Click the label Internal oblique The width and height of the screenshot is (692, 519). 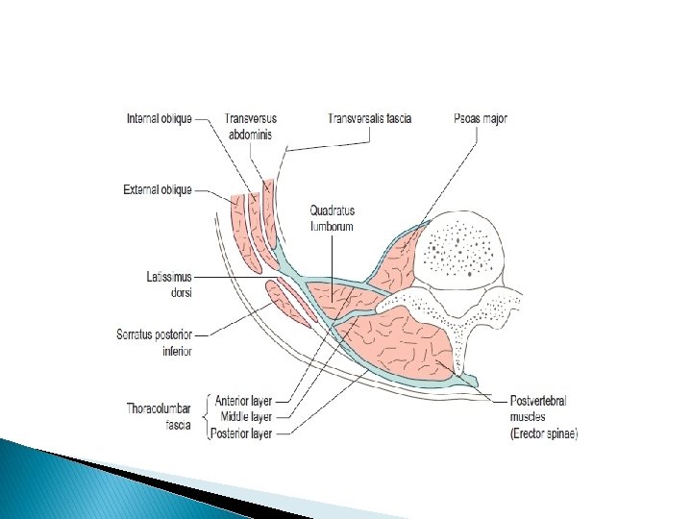pos(160,119)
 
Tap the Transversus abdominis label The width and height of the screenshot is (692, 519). pos(248,127)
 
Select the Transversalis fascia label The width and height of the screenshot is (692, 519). pos(370,119)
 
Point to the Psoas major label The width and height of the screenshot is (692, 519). pos(480,119)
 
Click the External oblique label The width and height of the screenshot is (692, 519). pos(158,190)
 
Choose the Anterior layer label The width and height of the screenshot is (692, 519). pos(245,401)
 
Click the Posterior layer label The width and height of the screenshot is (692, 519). pos(244,433)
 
